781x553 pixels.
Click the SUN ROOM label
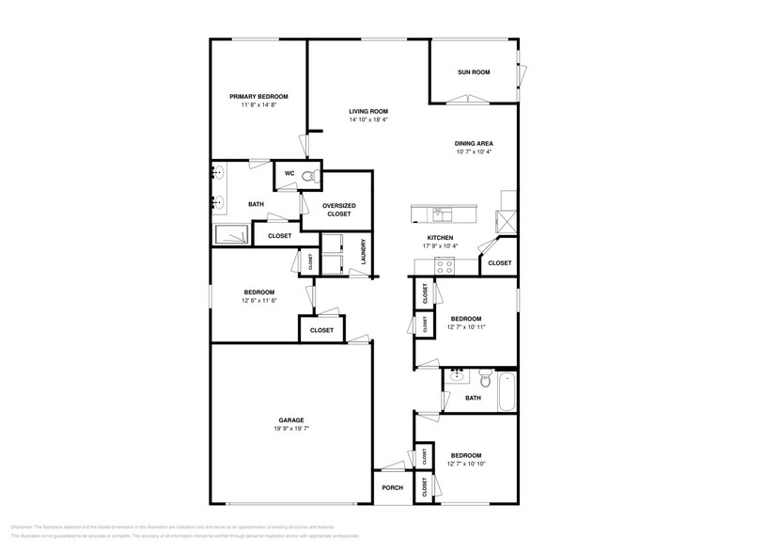point(474,72)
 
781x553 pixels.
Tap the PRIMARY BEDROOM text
point(258,97)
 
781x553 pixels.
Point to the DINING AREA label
point(474,143)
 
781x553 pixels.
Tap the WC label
point(289,174)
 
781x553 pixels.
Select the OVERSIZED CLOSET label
point(338,209)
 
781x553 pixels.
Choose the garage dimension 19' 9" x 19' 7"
point(290,428)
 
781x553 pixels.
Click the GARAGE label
point(290,419)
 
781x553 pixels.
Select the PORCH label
point(392,487)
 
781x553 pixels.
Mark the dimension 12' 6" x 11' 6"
point(258,300)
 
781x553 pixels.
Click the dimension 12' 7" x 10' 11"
point(467,326)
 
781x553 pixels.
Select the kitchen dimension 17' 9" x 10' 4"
point(441,246)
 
